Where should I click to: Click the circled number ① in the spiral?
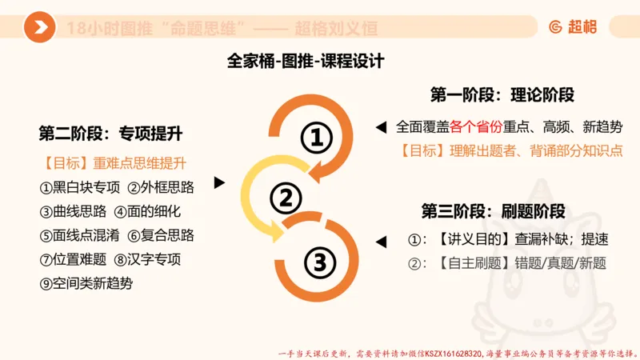[x=316, y=138]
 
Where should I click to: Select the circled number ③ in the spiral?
[x=318, y=261]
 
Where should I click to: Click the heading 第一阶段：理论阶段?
[x=502, y=94]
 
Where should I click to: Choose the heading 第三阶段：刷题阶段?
[x=494, y=212]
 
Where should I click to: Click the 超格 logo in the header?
[x=575, y=26]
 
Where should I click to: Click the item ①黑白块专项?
[x=79, y=188]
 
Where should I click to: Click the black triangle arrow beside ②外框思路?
[x=218, y=184]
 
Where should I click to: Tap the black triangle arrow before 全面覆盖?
[x=381, y=127]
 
